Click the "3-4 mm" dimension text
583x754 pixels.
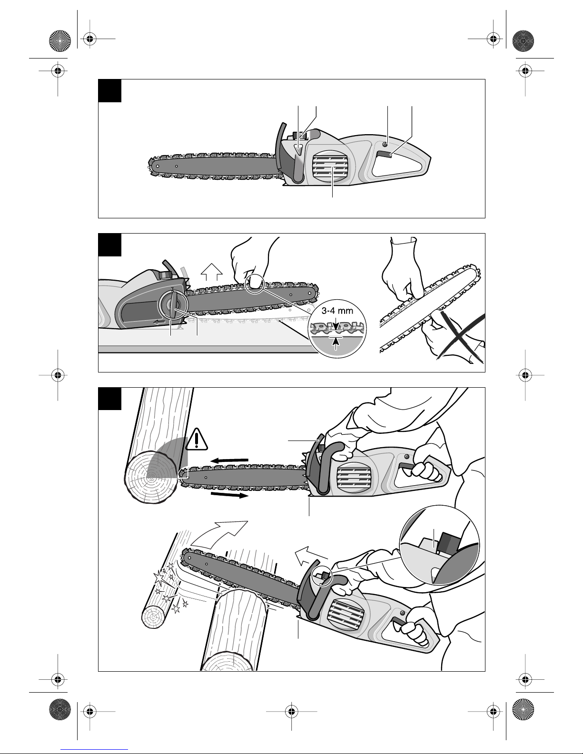click(x=337, y=311)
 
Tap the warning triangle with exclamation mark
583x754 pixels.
click(x=197, y=440)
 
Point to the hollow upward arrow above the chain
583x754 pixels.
click(x=212, y=271)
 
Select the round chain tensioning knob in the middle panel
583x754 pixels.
click(x=173, y=304)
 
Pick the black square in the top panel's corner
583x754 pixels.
click(x=110, y=90)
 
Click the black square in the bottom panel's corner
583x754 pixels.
click(x=110, y=399)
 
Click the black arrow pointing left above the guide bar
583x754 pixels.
click(x=229, y=460)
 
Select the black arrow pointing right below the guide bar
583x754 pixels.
click(x=229, y=495)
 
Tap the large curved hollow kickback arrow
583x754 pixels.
click(x=219, y=535)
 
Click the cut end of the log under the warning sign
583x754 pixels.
click(x=151, y=478)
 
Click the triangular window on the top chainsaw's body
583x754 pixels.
click(x=298, y=149)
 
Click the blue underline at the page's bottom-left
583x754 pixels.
click(x=94, y=750)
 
